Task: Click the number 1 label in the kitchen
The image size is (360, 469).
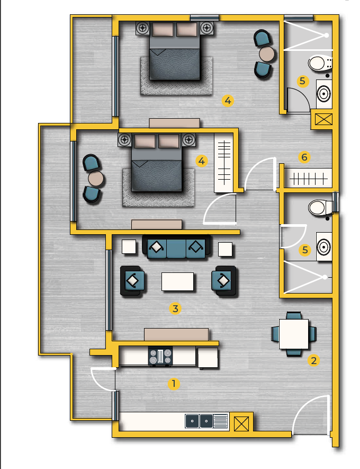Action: pos(174,384)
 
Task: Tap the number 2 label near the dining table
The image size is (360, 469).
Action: pos(313,360)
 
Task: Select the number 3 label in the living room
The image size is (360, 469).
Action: pos(175,308)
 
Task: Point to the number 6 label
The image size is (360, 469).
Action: pos(304,157)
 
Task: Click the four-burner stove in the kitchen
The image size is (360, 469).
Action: pos(160,356)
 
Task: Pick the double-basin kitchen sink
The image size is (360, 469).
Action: pos(199,421)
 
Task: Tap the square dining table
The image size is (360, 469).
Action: pos(294,334)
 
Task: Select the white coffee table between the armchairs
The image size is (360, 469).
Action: pos(177,281)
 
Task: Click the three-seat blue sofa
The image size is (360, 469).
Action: pos(176,246)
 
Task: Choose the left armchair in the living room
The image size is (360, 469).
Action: pos(133,281)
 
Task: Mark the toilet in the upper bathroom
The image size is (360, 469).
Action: pos(320,64)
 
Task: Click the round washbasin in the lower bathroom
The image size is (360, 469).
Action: pos(324,247)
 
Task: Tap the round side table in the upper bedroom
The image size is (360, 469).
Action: pos(266,54)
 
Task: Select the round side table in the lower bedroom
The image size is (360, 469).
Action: pos(96,179)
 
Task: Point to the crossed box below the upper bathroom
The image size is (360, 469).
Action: pos(323,119)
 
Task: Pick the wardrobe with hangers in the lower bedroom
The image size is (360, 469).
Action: pos(224,163)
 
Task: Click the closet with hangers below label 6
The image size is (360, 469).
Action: pos(308,178)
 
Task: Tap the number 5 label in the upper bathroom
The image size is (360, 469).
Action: pos(302,81)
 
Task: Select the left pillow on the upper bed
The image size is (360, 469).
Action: pos(163,29)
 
